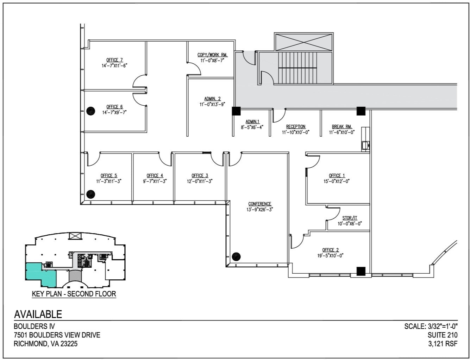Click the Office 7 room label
(114, 60)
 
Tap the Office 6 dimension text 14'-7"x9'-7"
(114, 112)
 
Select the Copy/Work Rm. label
(212, 55)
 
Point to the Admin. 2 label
(212, 99)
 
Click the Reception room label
(296, 126)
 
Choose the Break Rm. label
(341, 126)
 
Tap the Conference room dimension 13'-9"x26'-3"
(260, 209)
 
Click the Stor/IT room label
(350, 218)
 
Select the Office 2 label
(330, 250)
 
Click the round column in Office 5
(91, 194)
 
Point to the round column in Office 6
(90, 111)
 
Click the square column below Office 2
(361, 271)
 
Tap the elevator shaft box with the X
(303, 42)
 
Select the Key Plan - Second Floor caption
(74, 294)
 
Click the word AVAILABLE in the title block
(38, 314)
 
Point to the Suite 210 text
(443, 335)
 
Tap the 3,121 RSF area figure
(443, 344)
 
